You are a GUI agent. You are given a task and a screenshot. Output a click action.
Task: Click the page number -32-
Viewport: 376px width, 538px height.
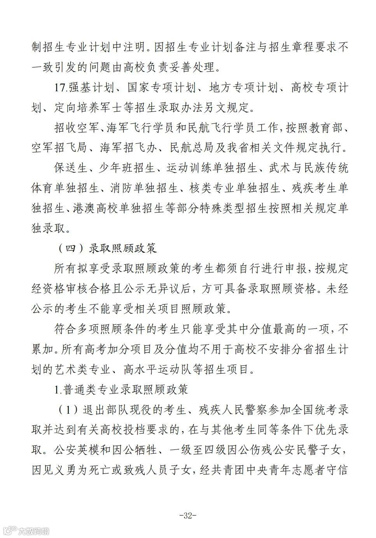pos(188,516)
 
